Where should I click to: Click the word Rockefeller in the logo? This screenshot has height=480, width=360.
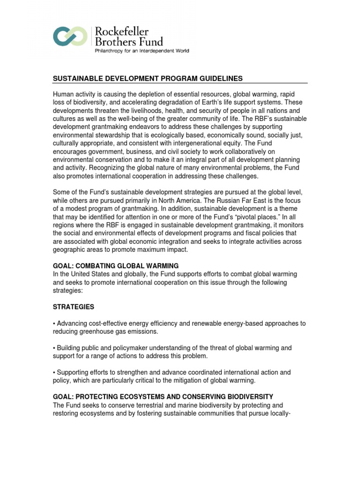point(122,31)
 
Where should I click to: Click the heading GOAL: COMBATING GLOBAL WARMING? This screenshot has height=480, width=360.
point(116,265)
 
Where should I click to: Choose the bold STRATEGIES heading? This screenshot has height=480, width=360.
point(74,307)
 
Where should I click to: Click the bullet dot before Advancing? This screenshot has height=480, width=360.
point(54,324)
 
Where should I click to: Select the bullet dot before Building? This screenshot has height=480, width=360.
point(54,348)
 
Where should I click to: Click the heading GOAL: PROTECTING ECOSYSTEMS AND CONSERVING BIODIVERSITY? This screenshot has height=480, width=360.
point(163,397)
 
